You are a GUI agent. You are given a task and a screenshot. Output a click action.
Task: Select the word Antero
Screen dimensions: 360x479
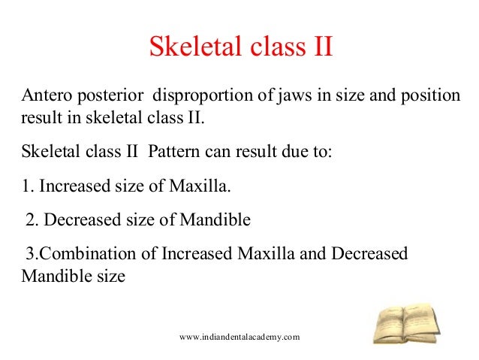47,97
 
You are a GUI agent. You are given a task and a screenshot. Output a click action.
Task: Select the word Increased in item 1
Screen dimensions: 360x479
76,184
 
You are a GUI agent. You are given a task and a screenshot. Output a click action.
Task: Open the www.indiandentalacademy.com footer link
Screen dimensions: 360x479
240,337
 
